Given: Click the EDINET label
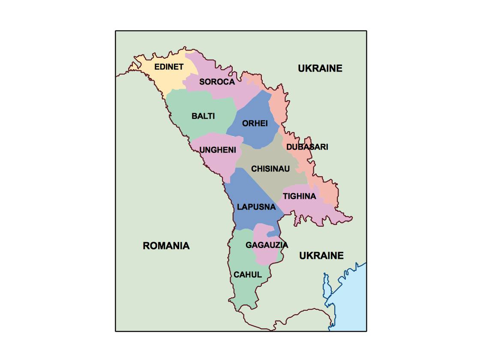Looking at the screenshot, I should (169, 67).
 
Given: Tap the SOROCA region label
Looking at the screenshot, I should (217, 82).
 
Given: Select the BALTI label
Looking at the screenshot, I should (203, 116).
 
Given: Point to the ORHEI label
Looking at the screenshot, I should (255, 123).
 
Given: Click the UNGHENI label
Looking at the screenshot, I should (218, 150).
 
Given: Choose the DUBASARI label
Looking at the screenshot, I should (307, 147).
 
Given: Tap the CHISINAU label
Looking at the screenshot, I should (270, 169).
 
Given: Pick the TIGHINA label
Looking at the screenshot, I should (299, 196).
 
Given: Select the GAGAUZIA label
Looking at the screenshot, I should (267, 245).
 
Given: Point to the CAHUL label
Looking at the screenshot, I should (248, 275).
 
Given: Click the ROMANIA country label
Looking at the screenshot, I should (166, 246).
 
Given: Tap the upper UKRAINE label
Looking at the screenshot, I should (320, 68).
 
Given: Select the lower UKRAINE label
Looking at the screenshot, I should (321, 256).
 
